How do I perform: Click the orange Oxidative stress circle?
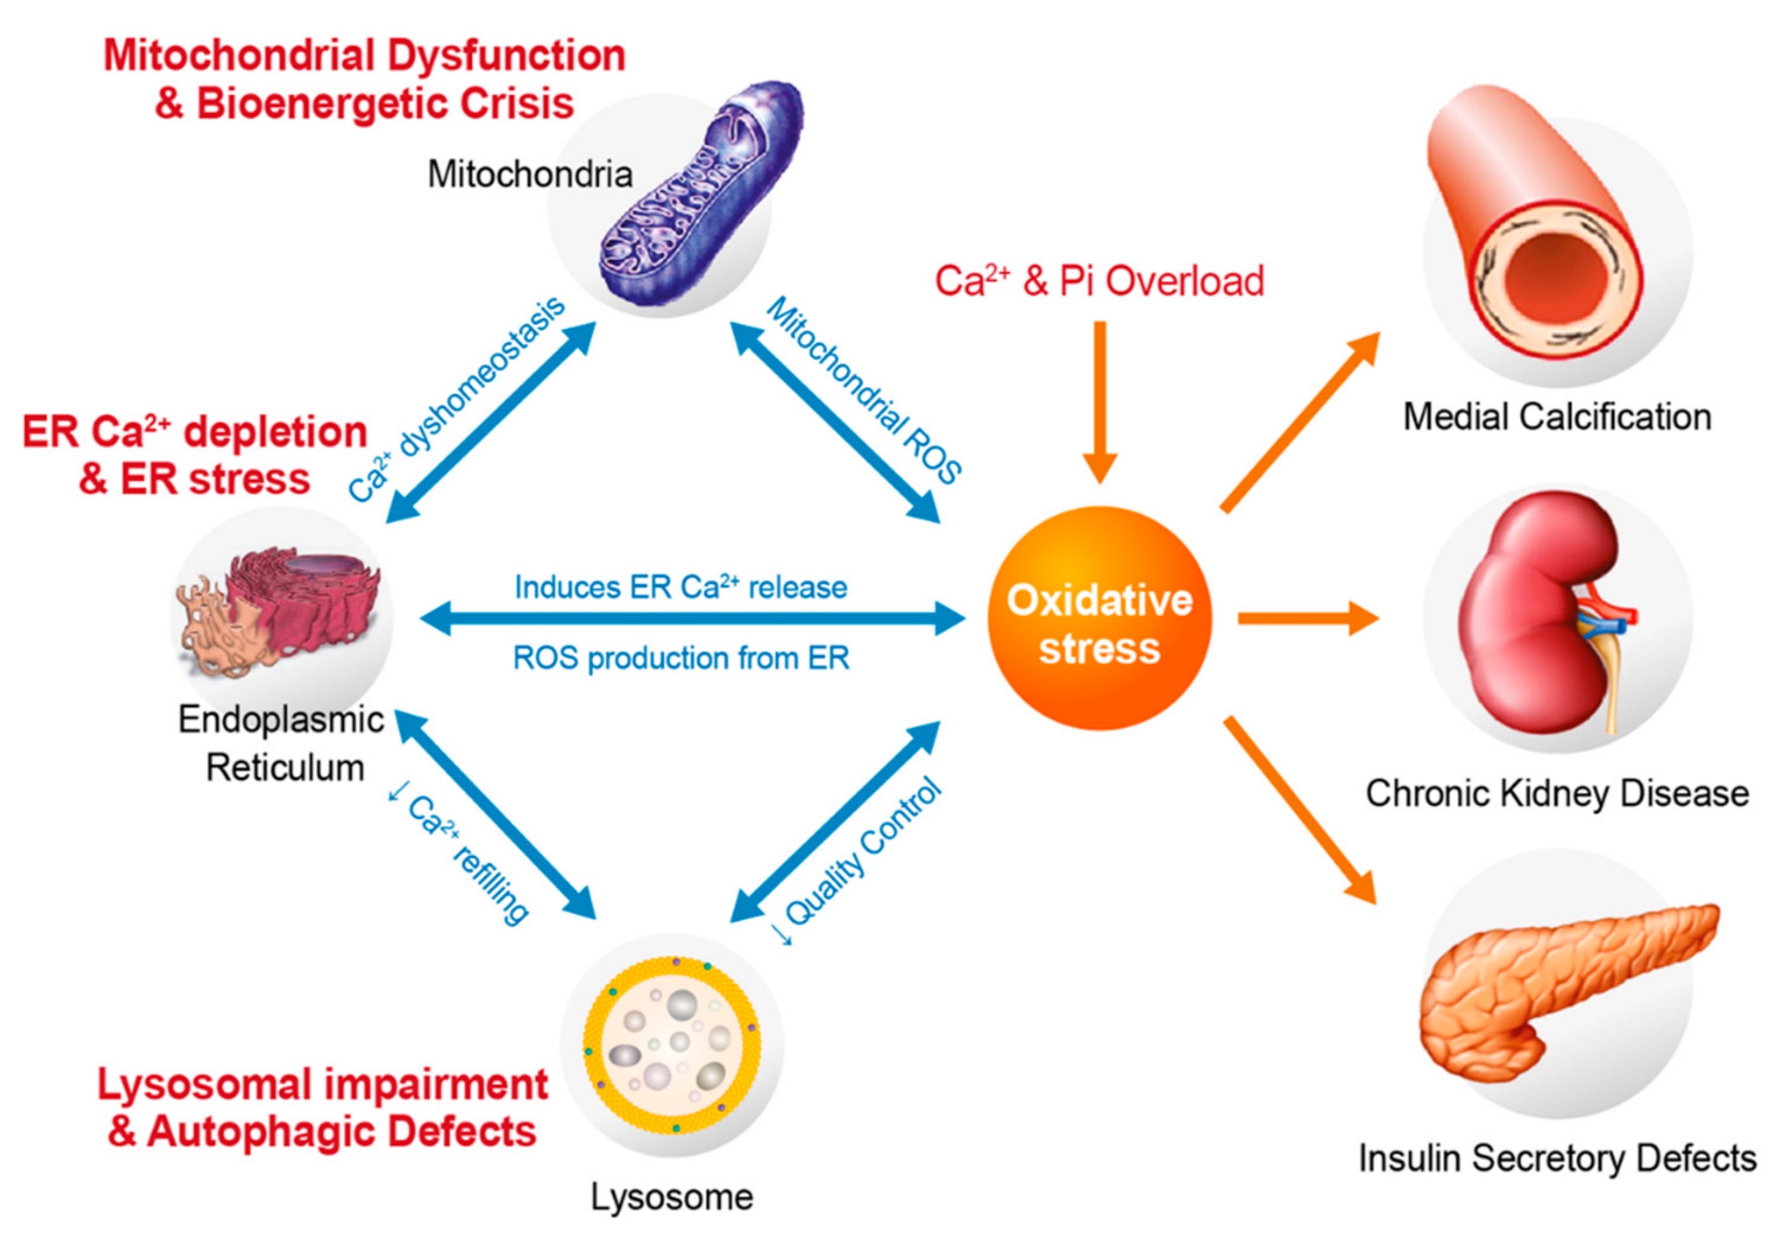tap(1099, 618)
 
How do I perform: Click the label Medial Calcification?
tap(1557, 417)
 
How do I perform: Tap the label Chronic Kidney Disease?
tap(1557, 793)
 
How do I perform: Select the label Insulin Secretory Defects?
tap(1557, 1158)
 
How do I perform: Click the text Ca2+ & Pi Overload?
tap(1099, 281)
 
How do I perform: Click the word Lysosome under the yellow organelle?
tap(672, 1197)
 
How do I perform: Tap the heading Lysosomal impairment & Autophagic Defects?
tap(322, 1108)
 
